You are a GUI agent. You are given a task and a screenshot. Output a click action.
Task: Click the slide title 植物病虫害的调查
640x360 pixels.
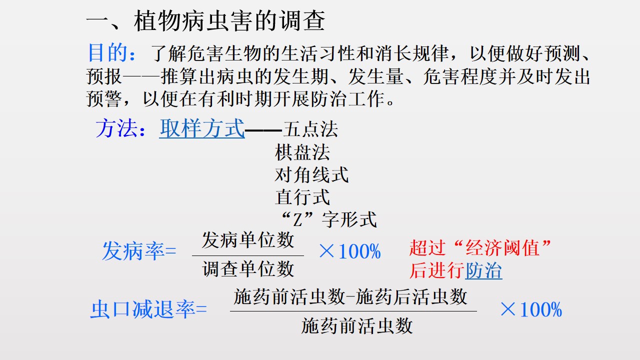(x=229, y=21)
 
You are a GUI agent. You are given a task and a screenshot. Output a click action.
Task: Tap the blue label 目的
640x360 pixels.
(x=107, y=53)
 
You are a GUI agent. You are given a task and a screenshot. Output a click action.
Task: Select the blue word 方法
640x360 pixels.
(x=116, y=128)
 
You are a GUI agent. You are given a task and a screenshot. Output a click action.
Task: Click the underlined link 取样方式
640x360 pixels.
(x=202, y=128)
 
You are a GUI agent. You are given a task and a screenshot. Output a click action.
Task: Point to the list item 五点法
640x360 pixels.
(x=310, y=129)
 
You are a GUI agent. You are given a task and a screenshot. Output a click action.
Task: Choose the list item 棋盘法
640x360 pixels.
(x=302, y=152)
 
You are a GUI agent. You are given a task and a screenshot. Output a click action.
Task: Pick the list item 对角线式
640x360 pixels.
(x=311, y=174)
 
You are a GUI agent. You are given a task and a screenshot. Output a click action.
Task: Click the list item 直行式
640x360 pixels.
(x=302, y=197)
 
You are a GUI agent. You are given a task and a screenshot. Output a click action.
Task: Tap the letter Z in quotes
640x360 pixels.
(x=297, y=220)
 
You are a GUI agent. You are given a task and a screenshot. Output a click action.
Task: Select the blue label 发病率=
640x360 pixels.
(x=139, y=251)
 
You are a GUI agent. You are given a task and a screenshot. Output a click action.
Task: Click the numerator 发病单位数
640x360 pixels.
(x=248, y=240)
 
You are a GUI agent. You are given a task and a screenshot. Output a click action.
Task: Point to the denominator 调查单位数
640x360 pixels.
(x=248, y=269)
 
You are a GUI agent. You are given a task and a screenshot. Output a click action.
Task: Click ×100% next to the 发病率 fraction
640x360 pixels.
(x=349, y=251)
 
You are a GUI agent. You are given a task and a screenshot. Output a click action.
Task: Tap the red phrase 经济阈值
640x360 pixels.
(x=502, y=247)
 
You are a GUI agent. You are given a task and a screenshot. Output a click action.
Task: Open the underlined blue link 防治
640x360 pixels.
(x=483, y=270)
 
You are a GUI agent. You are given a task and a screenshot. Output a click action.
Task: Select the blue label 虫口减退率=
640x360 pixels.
(x=148, y=309)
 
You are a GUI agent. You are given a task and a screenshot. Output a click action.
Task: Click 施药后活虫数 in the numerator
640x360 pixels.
(x=411, y=296)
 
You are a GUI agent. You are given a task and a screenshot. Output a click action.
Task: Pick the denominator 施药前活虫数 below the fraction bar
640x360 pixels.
(x=357, y=325)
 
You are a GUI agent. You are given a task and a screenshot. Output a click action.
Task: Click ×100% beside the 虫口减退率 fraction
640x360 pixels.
(x=531, y=309)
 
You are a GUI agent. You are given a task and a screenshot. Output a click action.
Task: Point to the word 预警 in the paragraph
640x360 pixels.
(x=104, y=99)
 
